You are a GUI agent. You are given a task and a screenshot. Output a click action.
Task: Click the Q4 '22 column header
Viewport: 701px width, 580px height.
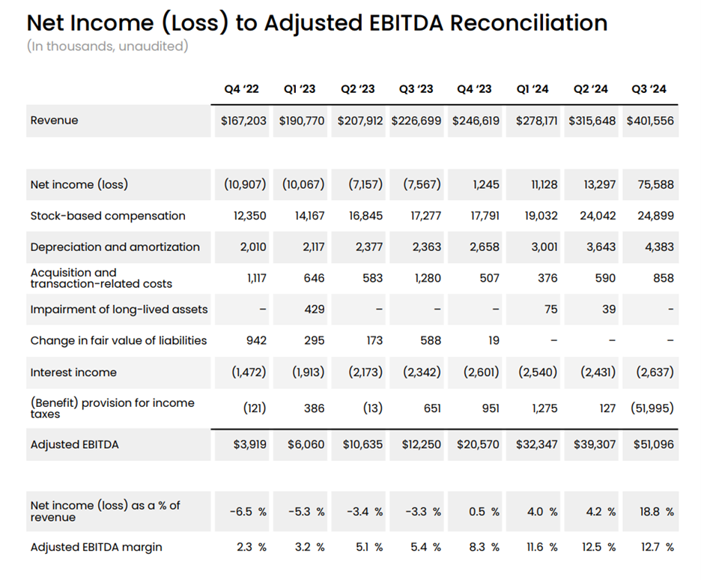[241, 89]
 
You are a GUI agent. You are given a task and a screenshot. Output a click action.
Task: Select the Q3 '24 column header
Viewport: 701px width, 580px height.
[650, 89]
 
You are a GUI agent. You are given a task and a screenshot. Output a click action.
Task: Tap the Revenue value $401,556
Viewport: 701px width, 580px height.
[650, 121]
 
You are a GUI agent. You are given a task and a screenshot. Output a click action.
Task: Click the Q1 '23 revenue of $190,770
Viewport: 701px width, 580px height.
[302, 121]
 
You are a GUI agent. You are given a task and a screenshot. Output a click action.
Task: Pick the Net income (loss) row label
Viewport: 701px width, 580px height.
[73, 184]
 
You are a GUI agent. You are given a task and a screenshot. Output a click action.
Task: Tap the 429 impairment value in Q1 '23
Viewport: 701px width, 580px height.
[315, 309]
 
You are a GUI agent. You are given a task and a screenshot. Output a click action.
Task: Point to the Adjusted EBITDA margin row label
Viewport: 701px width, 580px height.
[96, 547]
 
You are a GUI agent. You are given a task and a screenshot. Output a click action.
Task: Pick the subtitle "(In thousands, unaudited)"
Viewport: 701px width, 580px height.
[107, 46]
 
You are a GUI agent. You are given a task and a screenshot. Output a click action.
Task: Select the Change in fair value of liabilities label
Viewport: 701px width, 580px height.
[118, 341]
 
